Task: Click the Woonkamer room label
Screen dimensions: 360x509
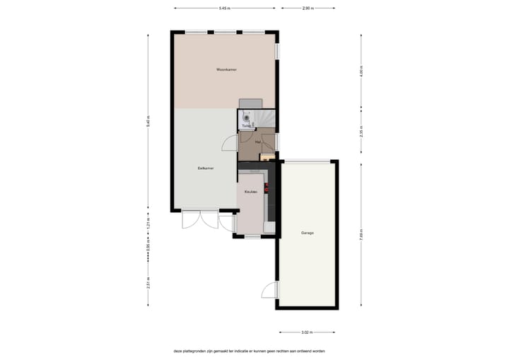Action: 226,69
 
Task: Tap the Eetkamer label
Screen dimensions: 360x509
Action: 206,168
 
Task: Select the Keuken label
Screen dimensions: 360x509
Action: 250,192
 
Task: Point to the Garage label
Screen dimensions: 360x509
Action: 307,232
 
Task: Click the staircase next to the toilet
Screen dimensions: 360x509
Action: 266,117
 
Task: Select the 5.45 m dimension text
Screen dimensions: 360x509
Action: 224,8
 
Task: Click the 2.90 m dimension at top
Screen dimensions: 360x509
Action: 308,8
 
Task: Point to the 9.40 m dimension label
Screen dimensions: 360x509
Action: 148,120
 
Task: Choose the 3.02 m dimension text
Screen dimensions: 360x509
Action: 307,332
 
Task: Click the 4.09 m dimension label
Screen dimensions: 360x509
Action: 361,71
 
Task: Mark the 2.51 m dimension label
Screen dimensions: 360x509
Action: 148,281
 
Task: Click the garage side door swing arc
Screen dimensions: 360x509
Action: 269,291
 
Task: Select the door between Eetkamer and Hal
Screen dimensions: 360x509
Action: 230,143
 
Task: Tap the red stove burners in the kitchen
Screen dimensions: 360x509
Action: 267,188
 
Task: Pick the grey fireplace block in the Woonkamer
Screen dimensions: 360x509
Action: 250,103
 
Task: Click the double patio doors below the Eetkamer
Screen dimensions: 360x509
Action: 200,220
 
